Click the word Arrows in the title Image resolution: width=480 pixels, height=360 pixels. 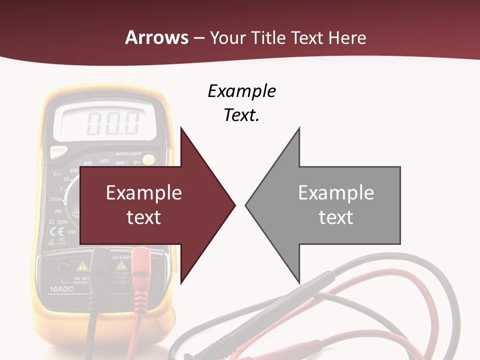pyautogui.click(x=156, y=38)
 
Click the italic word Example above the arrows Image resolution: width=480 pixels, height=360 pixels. pyautogui.click(x=241, y=91)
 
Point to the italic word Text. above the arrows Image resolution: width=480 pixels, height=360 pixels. pyautogui.click(x=241, y=115)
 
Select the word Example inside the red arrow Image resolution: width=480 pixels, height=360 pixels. pyautogui.click(x=144, y=193)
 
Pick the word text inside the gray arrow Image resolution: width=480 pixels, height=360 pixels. pyautogui.click(x=336, y=217)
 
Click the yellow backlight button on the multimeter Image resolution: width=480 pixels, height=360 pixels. pyautogui.click(x=148, y=160)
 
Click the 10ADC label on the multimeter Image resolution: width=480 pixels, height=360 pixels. pyautogui.click(x=61, y=289)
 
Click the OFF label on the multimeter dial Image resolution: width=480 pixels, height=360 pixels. pyautogui.click(x=104, y=161)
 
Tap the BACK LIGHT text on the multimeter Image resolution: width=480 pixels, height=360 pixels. pyautogui.click(x=128, y=154)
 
